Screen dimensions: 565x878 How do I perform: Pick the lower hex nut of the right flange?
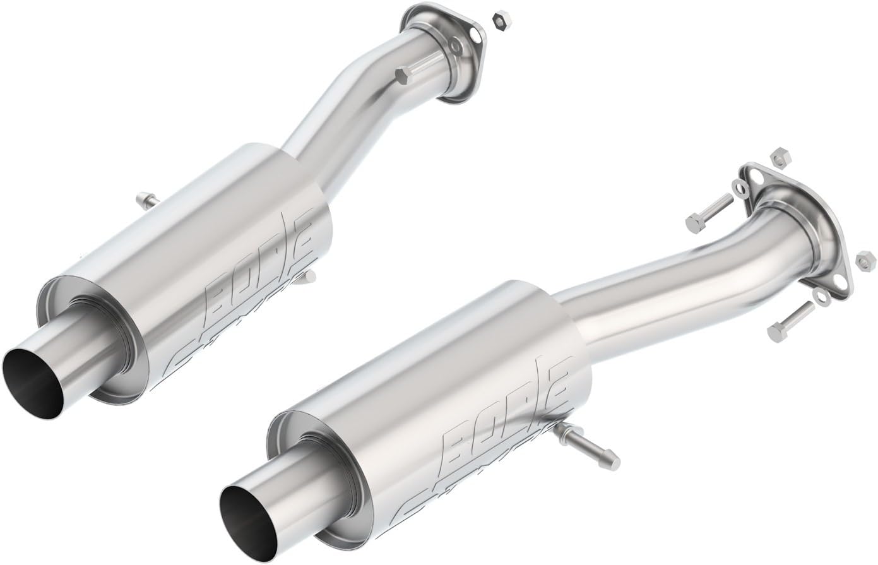[863, 258]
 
